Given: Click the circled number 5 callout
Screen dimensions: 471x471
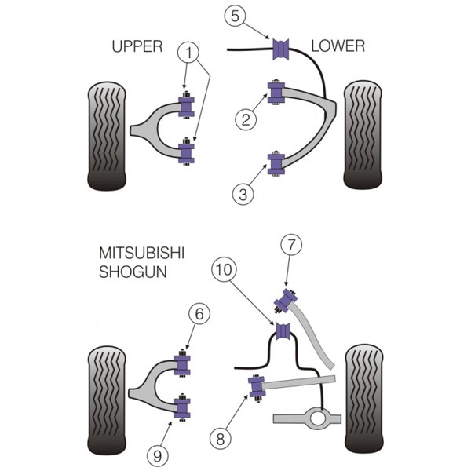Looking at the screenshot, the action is pyautogui.click(x=235, y=16).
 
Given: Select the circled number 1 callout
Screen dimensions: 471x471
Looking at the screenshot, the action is pyautogui.click(x=188, y=53).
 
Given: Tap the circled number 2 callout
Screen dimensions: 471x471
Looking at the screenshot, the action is pyautogui.click(x=246, y=120).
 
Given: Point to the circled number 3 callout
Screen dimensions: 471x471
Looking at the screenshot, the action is pyautogui.click(x=243, y=195).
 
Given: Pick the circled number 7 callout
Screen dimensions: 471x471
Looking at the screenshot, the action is pyautogui.click(x=291, y=245).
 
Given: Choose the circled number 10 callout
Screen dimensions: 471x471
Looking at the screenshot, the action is pyautogui.click(x=224, y=269).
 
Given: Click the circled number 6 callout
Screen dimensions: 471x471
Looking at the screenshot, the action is pyautogui.click(x=199, y=314).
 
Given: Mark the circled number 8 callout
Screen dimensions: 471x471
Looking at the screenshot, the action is pyautogui.click(x=221, y=439).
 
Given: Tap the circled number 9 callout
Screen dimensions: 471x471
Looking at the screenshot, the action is pyautogui.click(x=158, y=456).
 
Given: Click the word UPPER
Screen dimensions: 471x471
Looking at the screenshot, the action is pyautogui.click(x=137, y=46).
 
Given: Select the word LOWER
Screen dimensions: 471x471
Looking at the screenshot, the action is pyautogui.click(x=338, y=46).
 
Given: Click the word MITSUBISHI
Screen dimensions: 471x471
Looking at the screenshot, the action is pyautogui.click(x=141, y=254).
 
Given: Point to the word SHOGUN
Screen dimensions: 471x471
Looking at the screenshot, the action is pyautogui.click(x=133, y=272).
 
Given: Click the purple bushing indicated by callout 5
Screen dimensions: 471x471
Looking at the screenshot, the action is pyautogui.click(x=281, y=49).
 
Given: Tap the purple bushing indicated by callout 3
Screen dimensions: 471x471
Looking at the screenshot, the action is pyautogui.click(x=276, y=164).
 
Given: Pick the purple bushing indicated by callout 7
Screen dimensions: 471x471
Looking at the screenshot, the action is pyautogui.click(x=286, y=300).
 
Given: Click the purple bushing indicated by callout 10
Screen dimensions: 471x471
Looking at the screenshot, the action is pyautogui.click(x=283, y=331).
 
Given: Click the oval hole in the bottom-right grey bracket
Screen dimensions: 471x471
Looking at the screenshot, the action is pyautogui.click(x=317, y=418).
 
